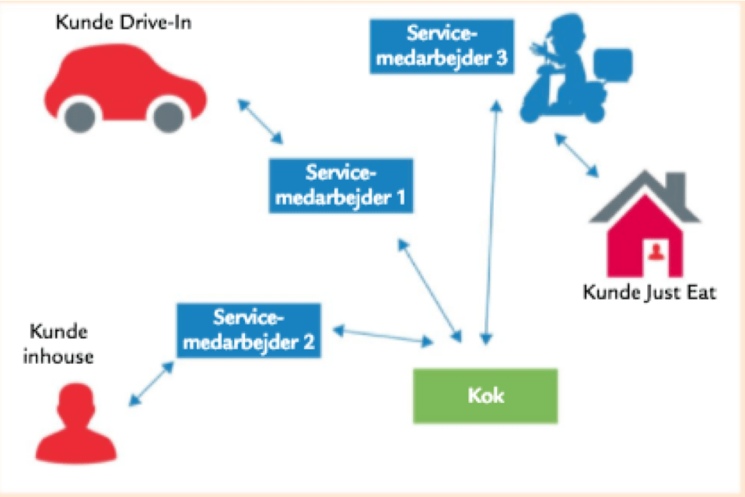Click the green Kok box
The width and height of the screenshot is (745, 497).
485,396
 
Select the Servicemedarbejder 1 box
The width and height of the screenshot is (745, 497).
341,186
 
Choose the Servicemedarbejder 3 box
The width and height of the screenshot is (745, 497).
442,46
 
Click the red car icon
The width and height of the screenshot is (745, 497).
124,86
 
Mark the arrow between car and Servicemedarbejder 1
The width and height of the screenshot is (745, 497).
261,121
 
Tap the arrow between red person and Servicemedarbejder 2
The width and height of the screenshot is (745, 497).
152,383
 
